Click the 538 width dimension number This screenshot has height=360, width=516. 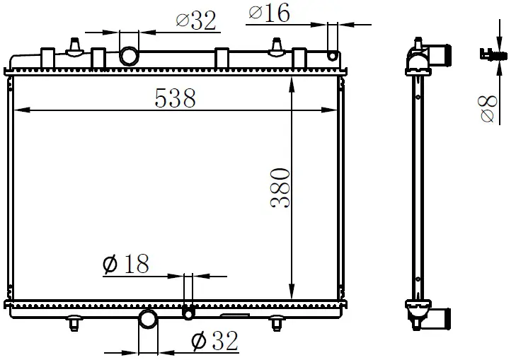coord(175,98)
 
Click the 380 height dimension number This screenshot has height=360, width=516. coord(280,187)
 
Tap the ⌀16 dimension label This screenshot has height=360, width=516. coord(269,13)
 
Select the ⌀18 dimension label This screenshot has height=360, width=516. coord(126,264)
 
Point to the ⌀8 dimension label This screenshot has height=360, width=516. coord(488,109)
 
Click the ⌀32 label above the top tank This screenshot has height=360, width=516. coord(196,21)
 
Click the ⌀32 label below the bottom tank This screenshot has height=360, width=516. coord(214,341)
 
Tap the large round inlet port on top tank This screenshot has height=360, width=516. coord(129,56)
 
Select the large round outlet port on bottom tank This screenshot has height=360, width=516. coord(148,318)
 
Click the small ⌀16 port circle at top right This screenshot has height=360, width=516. coord(333,56)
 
